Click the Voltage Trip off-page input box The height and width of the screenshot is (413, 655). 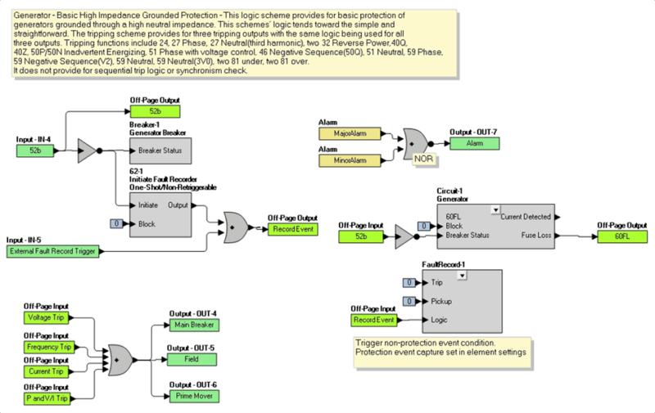pos(47,316)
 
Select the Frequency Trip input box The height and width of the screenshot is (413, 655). pos(47,347)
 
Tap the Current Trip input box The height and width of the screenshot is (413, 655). pos(47,372)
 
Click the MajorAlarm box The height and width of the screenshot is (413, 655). pos(350,132)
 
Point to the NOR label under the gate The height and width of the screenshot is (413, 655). pos(422,158)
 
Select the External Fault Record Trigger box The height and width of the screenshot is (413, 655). pos(52,251)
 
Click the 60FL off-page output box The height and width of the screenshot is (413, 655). pos(621,236)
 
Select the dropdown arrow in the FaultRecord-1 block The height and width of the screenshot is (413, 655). pos(463,276)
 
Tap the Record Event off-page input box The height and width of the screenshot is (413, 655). pos(373,320)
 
